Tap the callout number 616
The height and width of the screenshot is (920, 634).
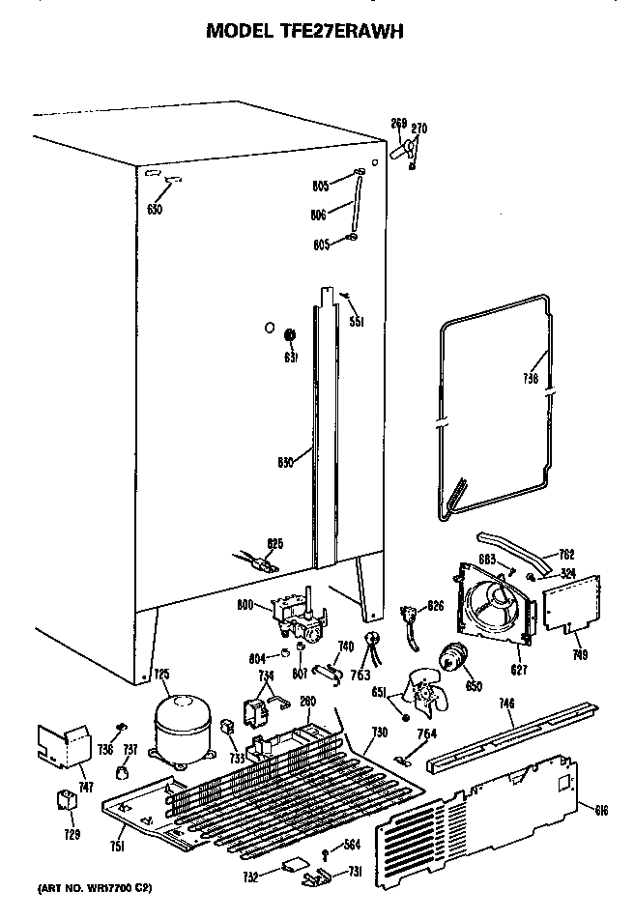pyautogui.click(x=601, y=810)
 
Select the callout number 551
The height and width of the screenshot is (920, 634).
pyautogui.click(x=357, y=322)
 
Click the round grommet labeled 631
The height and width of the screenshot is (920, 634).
pyautogui.click(x=289, y=335)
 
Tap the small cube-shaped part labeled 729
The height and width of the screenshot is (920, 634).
pyautogui.click(x=68, y=800)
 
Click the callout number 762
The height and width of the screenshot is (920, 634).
pyautogui.click(x=567, y=555)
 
